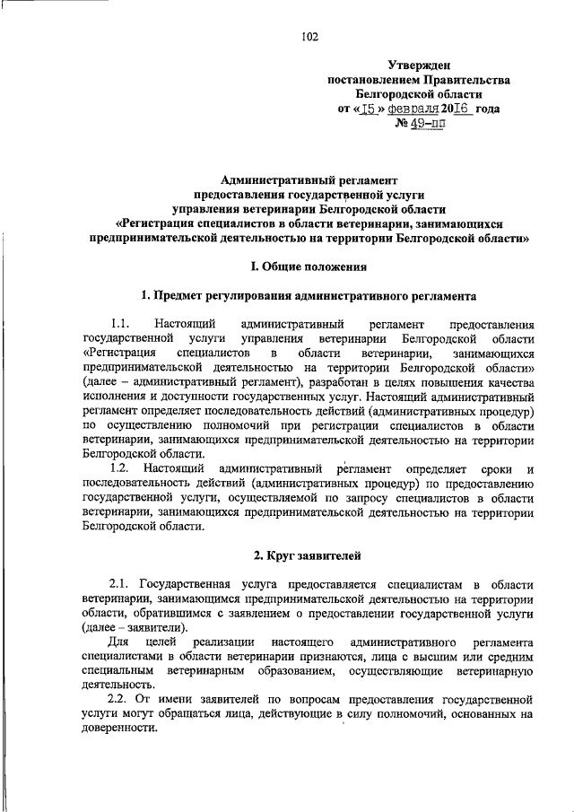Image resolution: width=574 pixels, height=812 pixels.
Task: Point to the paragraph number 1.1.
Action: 121,324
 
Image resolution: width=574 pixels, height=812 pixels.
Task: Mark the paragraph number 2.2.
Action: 120,699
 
